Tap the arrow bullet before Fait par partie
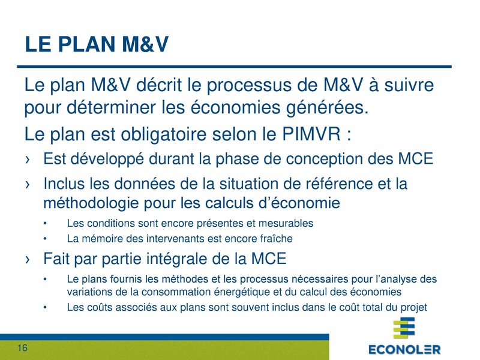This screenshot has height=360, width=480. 28,260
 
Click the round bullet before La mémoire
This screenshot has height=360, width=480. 46,238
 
